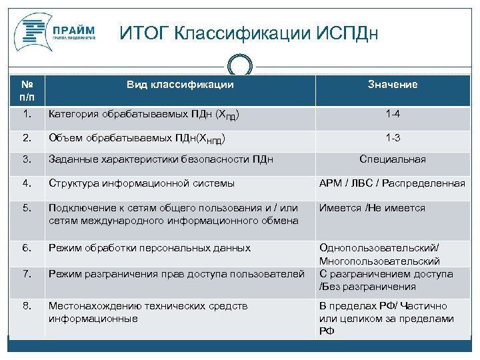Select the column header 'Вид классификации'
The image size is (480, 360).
coord(180,85)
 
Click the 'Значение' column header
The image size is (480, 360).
coord(392,85)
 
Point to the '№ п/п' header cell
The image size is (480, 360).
coord(27,91)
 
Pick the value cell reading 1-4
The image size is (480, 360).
coord(392,115)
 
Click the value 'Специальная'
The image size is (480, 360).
coord(392,160)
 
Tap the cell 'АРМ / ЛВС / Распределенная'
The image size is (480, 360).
coord(392,183)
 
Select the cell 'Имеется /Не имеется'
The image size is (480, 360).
coord(372,208)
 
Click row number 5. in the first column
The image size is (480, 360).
coord(27,208)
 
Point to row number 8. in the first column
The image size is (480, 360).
coord(27,306)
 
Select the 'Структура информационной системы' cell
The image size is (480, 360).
coord(141,183)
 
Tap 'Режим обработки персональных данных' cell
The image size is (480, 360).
coord(149,248)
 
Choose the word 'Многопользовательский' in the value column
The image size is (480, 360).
coord(379,261)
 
